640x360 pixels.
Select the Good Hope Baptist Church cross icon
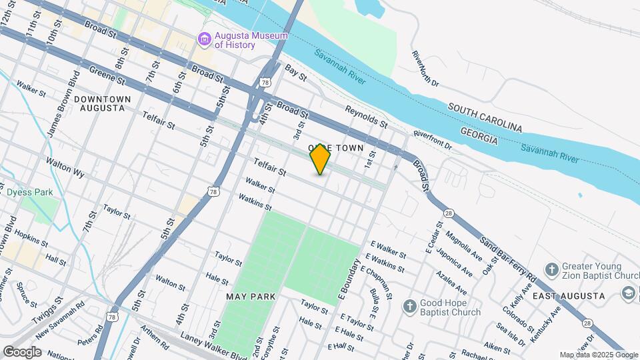point(410,307)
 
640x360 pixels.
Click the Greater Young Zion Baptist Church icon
point(551,269)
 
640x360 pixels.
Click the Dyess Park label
point(29,193)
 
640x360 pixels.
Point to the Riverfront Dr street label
point(432,140)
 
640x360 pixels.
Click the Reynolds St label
point(366,116)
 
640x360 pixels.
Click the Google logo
point(22,352)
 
